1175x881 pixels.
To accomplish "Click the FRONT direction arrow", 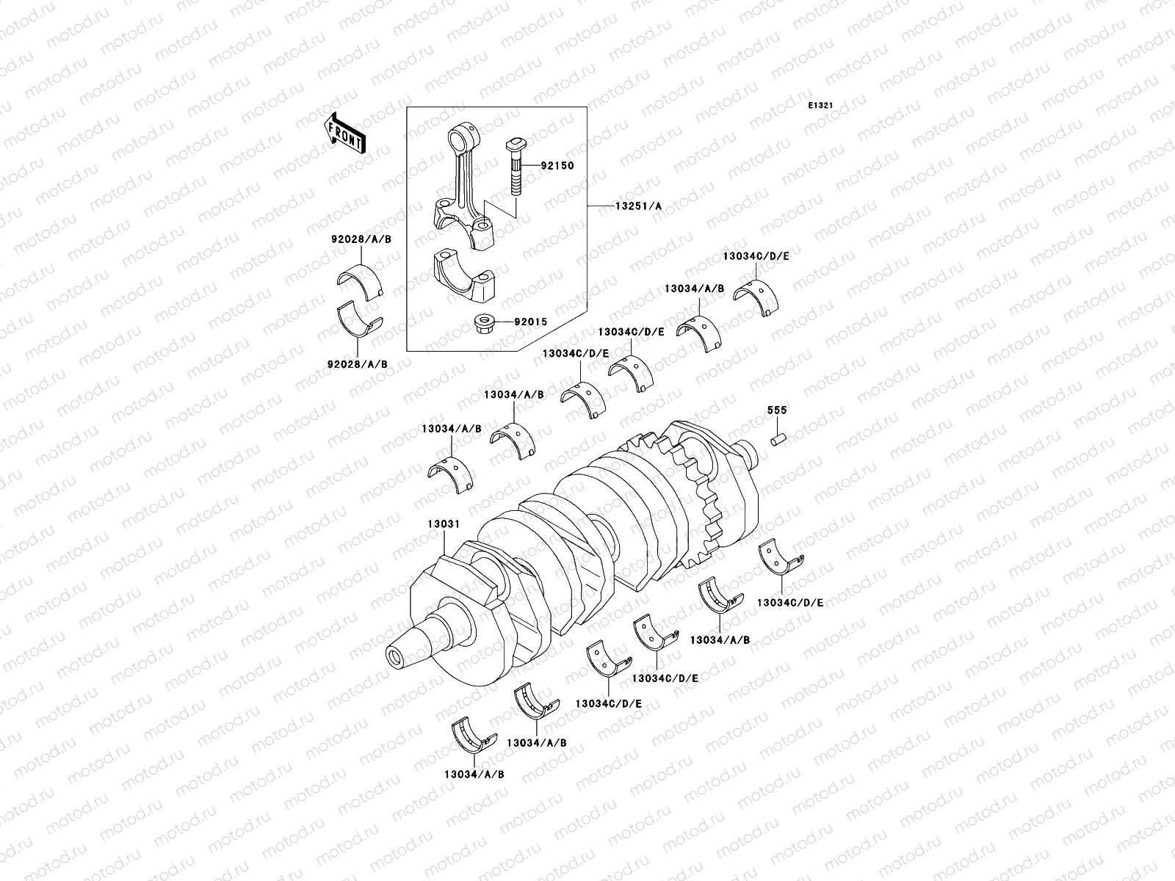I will (345, 134).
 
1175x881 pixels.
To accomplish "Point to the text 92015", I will (530, 322).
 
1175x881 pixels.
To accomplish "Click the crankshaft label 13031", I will (444, 524).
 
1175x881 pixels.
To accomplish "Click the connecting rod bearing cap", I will (464, 286).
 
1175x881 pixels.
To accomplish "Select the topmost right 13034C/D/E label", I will (756, 256).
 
